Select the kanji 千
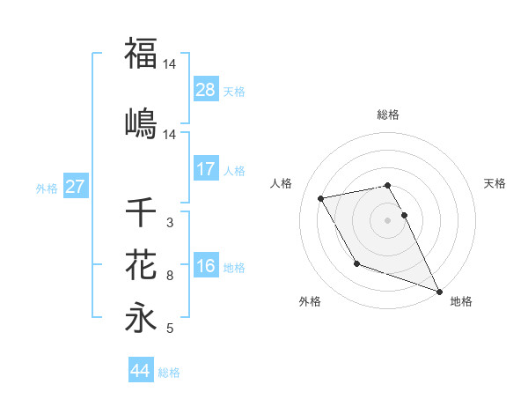(141, 212)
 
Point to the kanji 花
(141, 264)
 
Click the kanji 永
(141, 317)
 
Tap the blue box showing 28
(206, 90)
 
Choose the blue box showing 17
(206, 169)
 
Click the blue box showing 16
(206, 266)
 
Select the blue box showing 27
(75, 188)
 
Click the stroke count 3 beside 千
(169, 224)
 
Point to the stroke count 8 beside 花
(169, 276)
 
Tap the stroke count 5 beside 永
(169, 329)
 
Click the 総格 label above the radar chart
(388, 115)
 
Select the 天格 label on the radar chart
(495, 183)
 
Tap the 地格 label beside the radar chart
(461, 301)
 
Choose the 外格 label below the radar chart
(310, 301)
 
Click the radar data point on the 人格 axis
(321, 197)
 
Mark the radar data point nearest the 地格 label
(439, 291)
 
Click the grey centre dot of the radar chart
(388, 219)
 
